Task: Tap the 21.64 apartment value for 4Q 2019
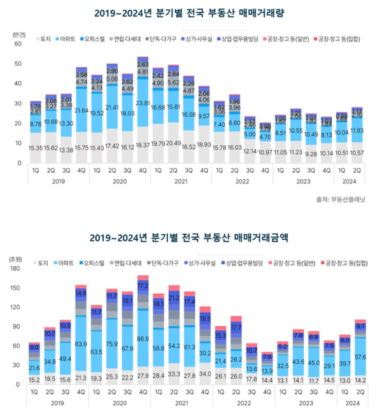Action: point(82,110)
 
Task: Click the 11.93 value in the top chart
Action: point(358,131)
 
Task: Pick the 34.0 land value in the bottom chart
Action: point(205,373)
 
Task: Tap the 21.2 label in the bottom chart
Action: point(173,298)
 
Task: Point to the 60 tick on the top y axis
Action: point(17,45)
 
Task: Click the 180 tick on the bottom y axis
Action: point(16,269)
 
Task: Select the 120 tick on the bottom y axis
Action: point(16,308)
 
